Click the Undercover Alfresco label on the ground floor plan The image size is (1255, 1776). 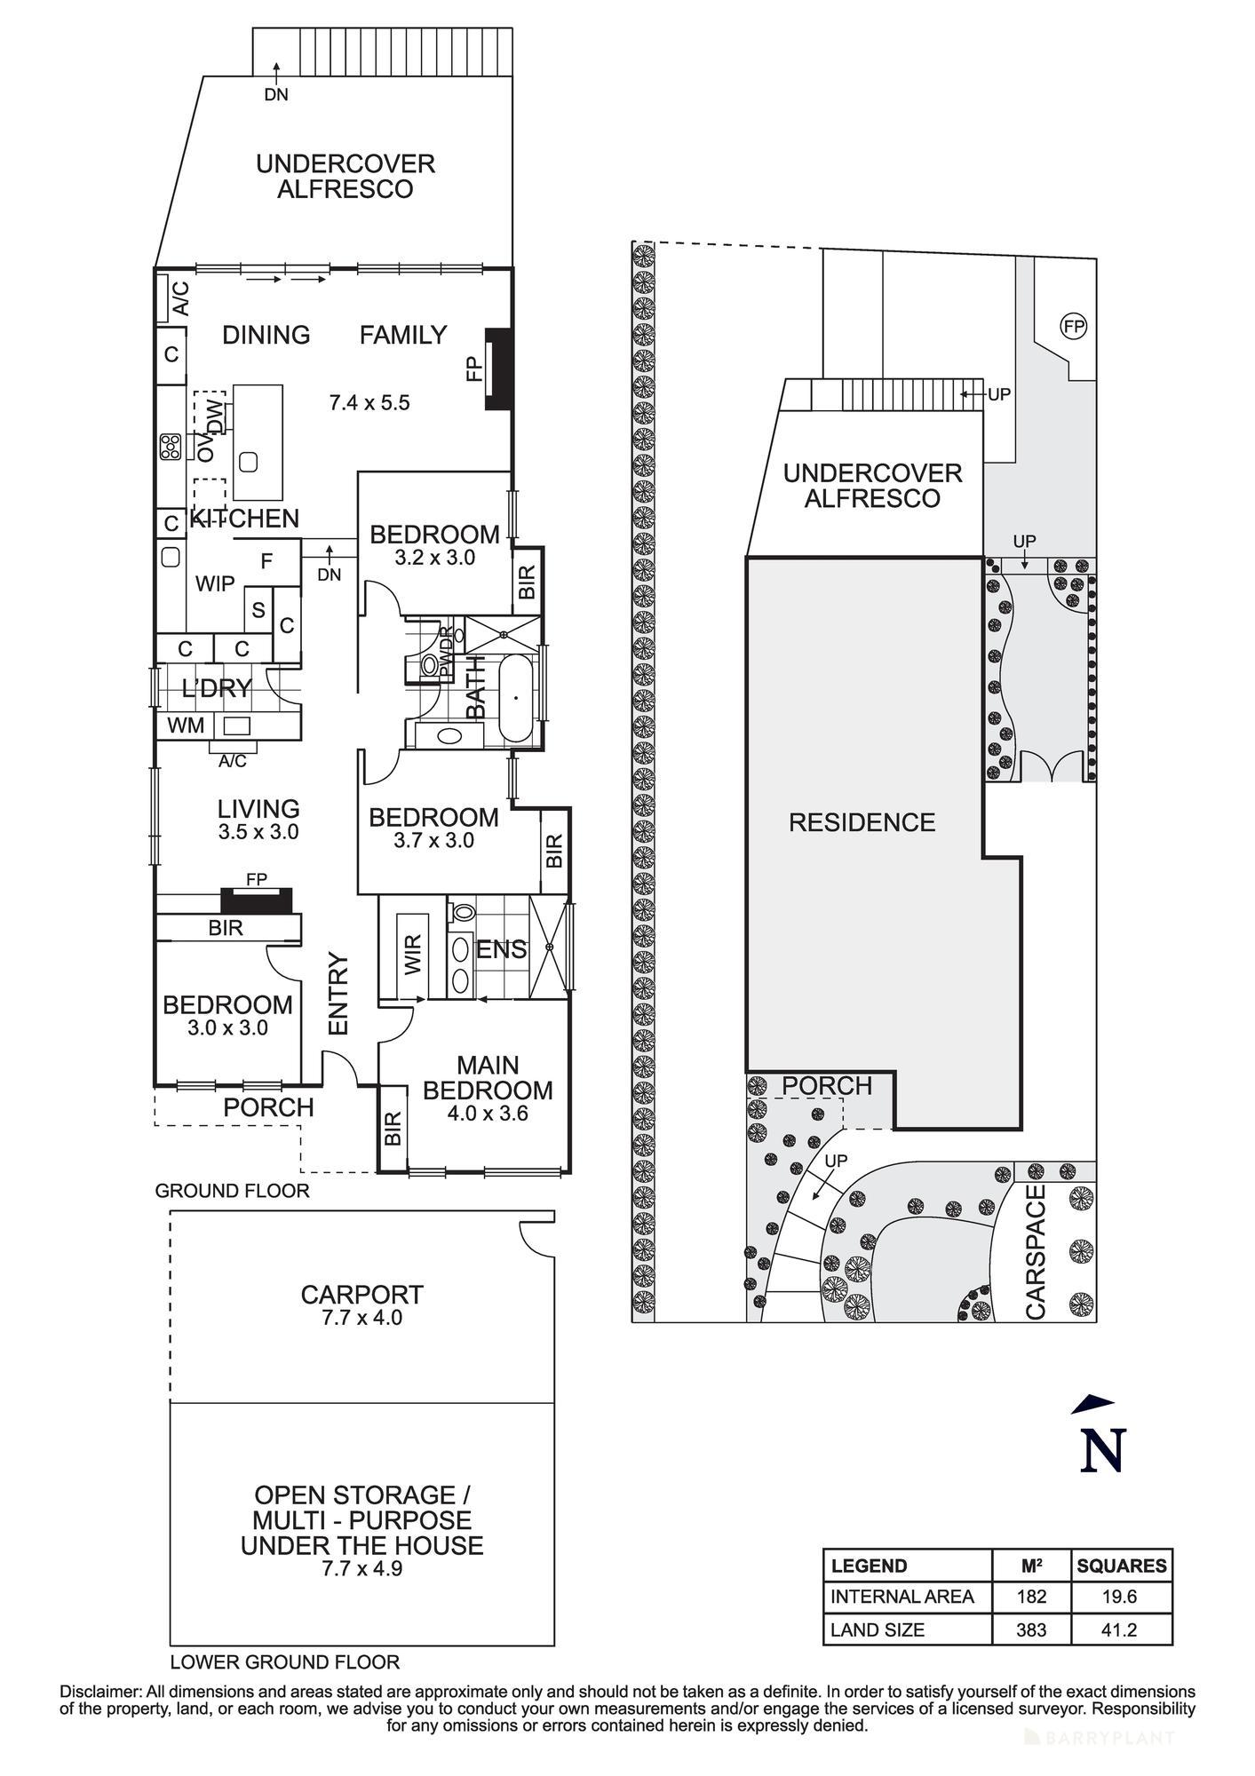[x=345, y=177]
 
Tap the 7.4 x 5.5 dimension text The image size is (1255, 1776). [x=369, y=403]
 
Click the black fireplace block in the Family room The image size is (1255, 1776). [x=496, y=369]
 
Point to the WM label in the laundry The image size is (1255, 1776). [x=186, y=725]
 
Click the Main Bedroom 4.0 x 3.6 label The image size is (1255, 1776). [x=488, y=1089]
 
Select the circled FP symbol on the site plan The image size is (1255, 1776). [x=1074, y=327]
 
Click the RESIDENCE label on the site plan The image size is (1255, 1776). [x=862, y=822]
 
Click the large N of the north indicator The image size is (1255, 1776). [x=1102, y=1450]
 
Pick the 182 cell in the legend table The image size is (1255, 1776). [x=1031, y=1597]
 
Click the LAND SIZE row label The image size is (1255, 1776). [x=878, y=1629]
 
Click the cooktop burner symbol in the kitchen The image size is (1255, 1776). [x=171, y=447]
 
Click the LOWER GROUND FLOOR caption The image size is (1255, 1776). [x=285, y=1661]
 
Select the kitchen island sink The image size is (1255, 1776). [x=249, y=461]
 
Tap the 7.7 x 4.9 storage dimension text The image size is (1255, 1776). [x=361, y=1568]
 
